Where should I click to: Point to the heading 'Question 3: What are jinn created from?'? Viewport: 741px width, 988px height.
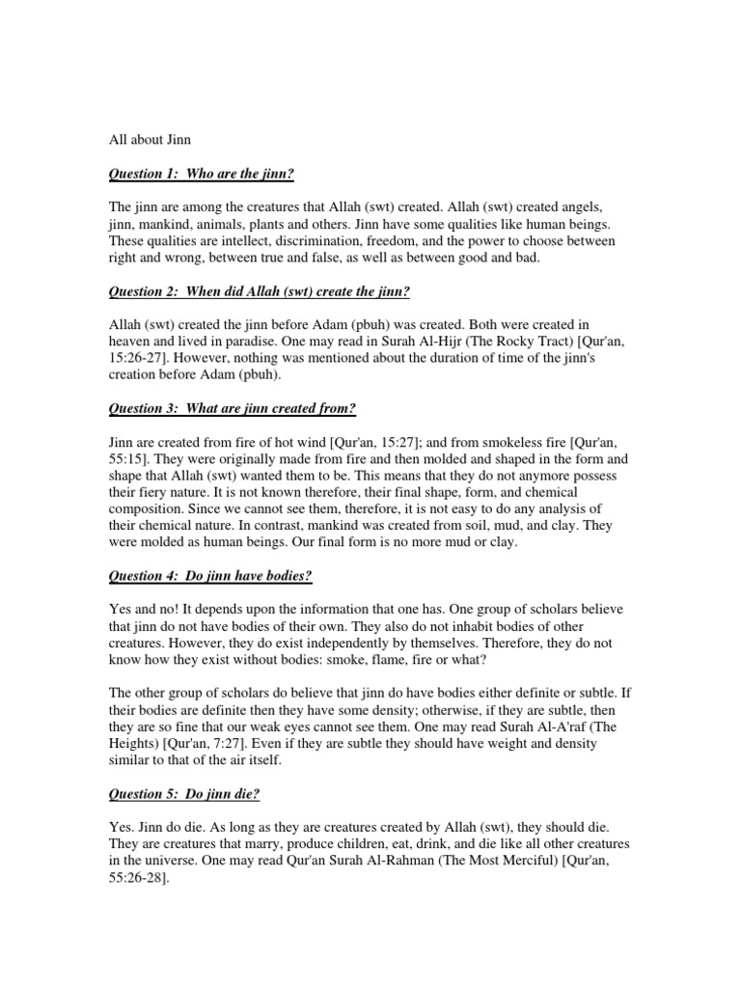[233, 408]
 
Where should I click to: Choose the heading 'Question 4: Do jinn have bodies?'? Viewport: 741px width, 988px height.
[211, 576]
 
